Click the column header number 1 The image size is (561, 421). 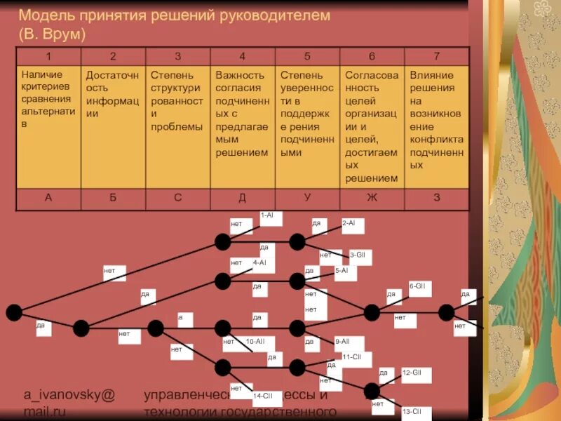pos(48,56)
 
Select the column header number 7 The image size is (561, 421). pos(436,56)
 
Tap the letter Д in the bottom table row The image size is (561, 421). pos(242,198)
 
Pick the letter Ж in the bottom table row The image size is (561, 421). pos(372,198)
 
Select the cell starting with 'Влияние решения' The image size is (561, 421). pos(436,120)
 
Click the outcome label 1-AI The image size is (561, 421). pos(267,215)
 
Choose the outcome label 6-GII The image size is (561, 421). pos(417,286)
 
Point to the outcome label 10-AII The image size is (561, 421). pos(255,341)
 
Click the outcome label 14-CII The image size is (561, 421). pos(263,396)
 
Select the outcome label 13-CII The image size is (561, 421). pos(412,411)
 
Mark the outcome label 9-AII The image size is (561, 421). pos(342,341)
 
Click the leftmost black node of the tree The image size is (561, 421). pos(14,313)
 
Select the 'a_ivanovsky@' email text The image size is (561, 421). pos(69,395)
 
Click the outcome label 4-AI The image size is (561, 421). pos(259,262)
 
